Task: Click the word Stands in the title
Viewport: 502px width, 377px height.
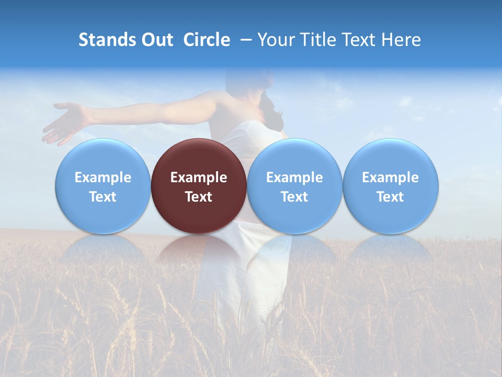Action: click(x=107, y=40)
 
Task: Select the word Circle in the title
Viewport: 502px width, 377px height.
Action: click(x=207, y=40)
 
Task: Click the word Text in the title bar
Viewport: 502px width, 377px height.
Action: click(x=357, y=40)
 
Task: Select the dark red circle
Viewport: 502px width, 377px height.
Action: click(x=199, y=157)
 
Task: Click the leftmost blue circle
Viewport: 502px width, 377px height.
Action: click(x=102, y=157)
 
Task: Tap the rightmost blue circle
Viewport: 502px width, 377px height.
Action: click(x=391, y=157)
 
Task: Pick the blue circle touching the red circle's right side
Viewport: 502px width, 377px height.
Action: click(x=294, y=157)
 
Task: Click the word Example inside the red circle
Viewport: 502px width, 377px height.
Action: click(x=199, y=178)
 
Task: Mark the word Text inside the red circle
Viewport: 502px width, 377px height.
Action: click(x=199, y=197)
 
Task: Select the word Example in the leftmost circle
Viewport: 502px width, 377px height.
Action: click(x=102, y=178)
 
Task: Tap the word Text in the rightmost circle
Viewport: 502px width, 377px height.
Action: click(x=391, y=197)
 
